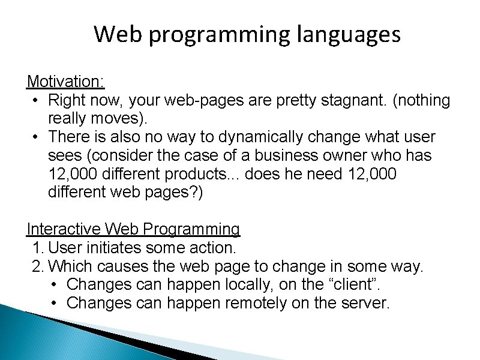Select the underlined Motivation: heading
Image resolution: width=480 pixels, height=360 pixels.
click(x=66, y=82)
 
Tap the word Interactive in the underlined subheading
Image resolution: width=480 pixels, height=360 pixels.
click(x=64, y=229)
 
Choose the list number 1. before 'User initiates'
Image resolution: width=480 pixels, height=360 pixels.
click(x=38, y=248)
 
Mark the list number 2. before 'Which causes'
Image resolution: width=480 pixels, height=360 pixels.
click(x=38, y=266)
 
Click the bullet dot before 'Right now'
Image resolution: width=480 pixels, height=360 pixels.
click(x=37, y=101)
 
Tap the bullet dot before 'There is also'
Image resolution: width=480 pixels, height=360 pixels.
click(x=37, y=138)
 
